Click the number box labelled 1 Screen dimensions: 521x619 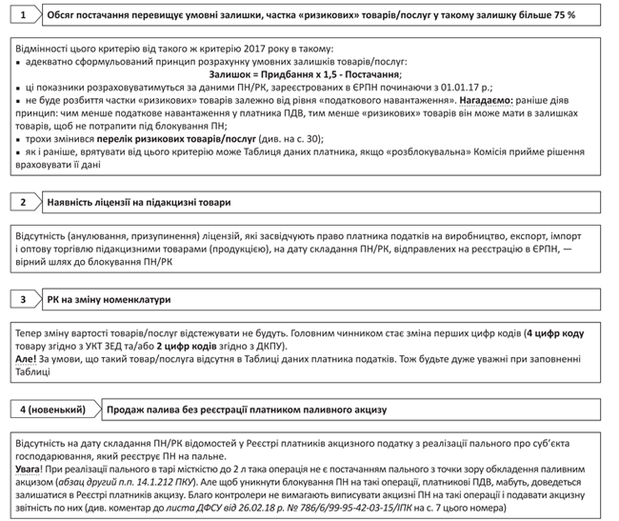click(24, 16)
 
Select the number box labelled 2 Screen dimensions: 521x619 click(24, 202)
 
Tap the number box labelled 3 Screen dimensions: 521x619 click(24, 299)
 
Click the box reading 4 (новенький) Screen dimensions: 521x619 click(48, 410)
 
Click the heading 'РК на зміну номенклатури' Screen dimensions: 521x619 click(109, 299)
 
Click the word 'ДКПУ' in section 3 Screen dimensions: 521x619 click(275, 348)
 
